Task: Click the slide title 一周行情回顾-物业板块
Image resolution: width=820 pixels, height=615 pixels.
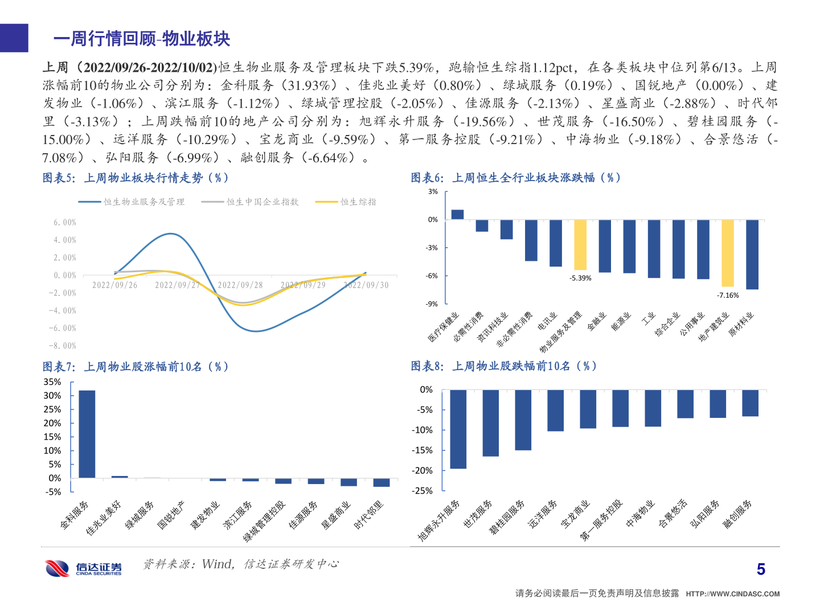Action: point(141,39)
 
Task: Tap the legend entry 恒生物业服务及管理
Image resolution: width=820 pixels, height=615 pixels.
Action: point(143,202)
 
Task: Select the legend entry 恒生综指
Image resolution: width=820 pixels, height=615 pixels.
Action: point(358,202)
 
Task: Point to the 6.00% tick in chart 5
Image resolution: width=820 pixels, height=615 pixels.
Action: point(64,222)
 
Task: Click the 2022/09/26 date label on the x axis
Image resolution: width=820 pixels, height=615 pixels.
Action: point(114,285)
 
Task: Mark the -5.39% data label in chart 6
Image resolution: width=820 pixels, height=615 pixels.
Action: point(580,278)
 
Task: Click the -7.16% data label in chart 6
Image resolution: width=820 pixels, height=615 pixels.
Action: point(727,295)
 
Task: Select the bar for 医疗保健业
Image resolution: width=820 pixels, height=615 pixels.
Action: point(457,215)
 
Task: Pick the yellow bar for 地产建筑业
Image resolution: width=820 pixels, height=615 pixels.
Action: point(727,253)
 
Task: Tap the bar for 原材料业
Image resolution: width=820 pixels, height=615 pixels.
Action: point(752,255)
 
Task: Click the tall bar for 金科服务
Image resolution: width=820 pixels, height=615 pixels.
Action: point(87,434)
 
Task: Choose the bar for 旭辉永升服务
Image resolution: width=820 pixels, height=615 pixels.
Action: point(458,429)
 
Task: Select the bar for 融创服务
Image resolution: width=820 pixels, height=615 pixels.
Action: point(750,403)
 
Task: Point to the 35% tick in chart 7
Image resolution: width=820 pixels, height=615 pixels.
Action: point(52,382)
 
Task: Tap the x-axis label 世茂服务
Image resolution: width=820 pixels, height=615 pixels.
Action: point(478,515)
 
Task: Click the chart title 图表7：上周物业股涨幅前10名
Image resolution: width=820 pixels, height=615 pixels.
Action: point(136,367)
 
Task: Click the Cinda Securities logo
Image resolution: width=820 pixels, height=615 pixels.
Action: point(84,568)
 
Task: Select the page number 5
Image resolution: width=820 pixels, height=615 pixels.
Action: point(761,569)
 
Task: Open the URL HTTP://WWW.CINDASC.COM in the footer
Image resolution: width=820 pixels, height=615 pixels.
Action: point(732,593)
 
